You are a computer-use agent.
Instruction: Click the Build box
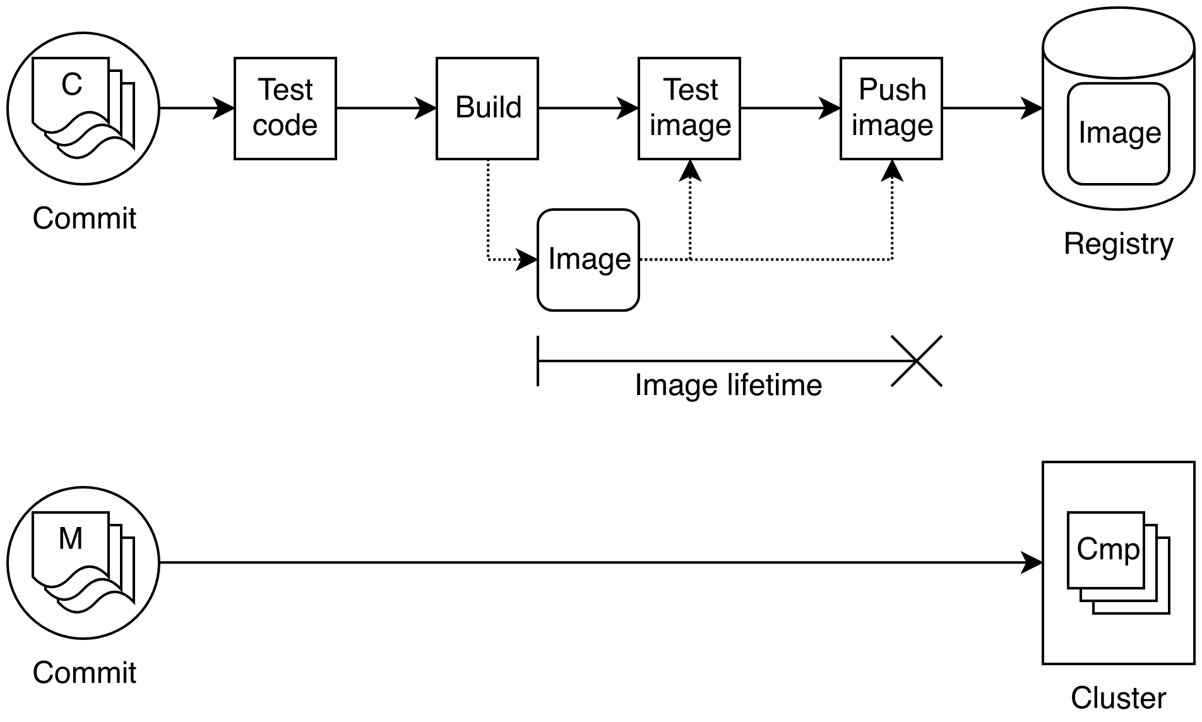pyautogui.click(x=487, y=108)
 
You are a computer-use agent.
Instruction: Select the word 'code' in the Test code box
pyautogui.click(x=285, y=126)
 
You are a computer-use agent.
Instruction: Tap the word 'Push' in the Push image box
pyautogui.click(x=892, y=90)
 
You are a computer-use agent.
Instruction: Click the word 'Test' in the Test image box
pyautogui.click(x=690, y=90)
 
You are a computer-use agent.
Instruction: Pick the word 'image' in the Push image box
pyautogui.click(x=892, y=126)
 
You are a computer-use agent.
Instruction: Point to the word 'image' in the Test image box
pyautogui.click(x=690, y=126)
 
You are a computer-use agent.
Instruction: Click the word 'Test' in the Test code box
pyautogui.click(x=285, y=90)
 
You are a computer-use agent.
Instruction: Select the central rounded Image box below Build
pyautogui.click(x=588, y=259)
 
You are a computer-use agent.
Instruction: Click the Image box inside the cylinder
pyautogui.click(x=1119, y=133)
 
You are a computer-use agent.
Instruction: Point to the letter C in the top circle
pyautogui.click(x=71, y=85)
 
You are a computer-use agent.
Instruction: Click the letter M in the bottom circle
pyautogui.click(x=71, y=540)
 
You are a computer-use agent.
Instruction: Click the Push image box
pyautogui.click(x=891, y=108)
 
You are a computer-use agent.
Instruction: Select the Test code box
pyautogui.click(x=285, y=108)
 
